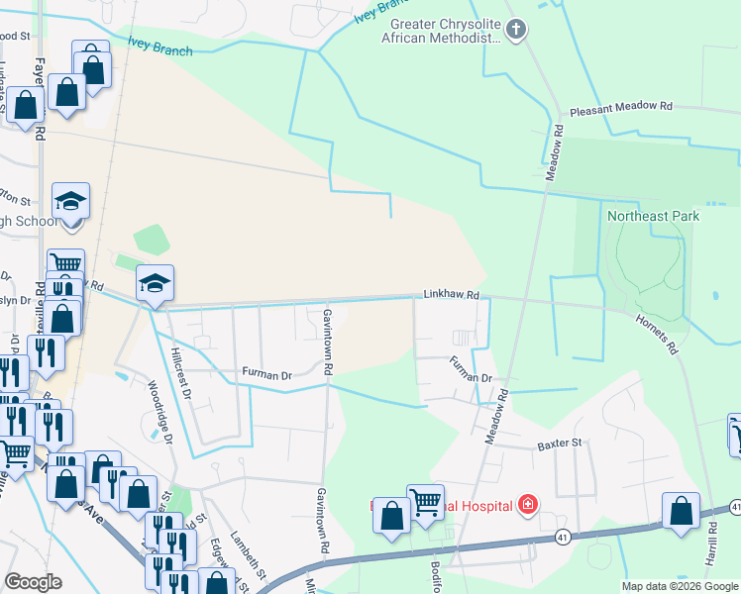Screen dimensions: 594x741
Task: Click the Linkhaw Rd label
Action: click(452, 294)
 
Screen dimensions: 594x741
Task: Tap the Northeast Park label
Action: click(653, 216)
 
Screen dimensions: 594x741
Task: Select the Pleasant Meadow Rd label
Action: click(620, 105)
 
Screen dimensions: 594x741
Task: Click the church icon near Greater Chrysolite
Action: click(515, 30)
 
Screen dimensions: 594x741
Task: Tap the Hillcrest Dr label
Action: click(178, 366)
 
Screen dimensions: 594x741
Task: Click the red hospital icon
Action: click(528, 505)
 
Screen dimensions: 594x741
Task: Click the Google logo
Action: click(33, 582)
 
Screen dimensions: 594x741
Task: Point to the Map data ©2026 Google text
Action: click(679, 586)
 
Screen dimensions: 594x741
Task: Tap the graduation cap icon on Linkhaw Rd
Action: click(155, 283)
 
